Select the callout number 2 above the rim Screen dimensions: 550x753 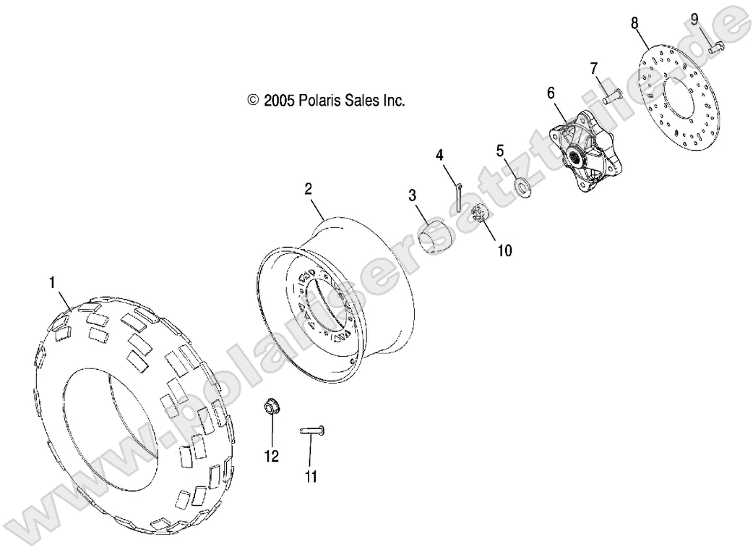click(x=308, y=190)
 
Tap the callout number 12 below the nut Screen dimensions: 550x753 click(x=272, y=457)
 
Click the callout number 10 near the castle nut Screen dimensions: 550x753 click(x=504, y=250)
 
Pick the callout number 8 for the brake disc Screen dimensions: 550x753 click(x=635, y=23)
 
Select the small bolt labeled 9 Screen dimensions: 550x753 click(x=716, y=48)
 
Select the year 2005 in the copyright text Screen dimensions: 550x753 click(x=277, y=101)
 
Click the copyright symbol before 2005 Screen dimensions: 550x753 click(x=252, y=101)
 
